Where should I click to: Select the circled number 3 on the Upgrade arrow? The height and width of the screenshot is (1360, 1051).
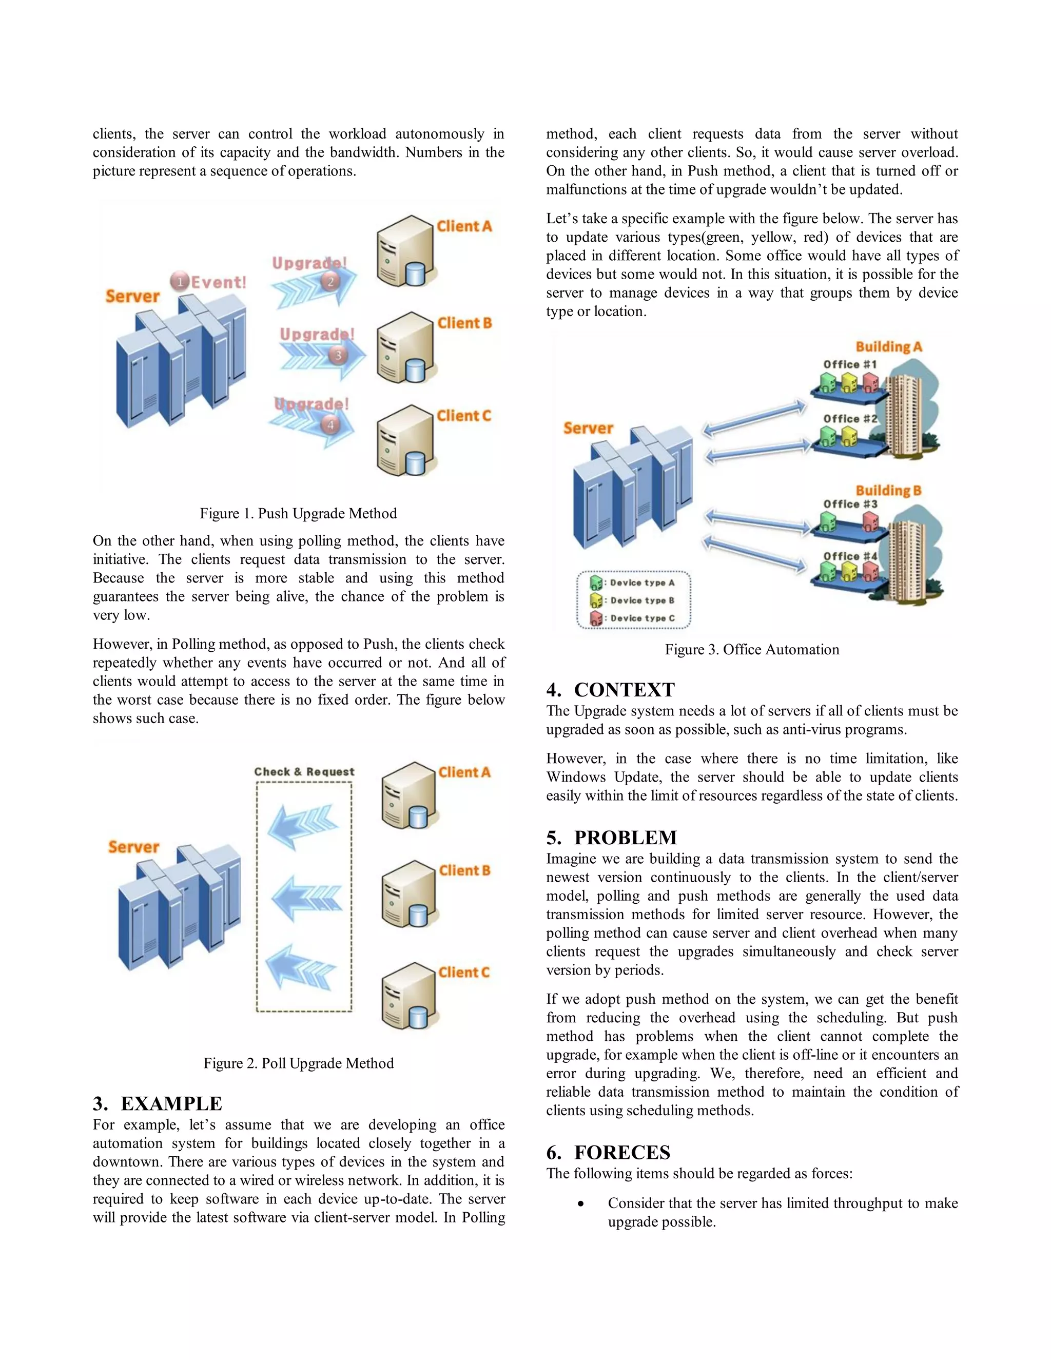(x=338, y=355)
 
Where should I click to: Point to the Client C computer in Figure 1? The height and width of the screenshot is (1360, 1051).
(x=404, y=441)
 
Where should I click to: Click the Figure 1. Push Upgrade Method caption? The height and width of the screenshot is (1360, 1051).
(x=298, y=514)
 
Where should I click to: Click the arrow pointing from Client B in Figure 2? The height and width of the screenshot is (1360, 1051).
(x=306, y=899)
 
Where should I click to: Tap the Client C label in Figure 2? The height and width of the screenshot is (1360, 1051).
(x=464, y=972)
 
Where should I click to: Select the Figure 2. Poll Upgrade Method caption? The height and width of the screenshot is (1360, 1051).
(x=298, y=1063)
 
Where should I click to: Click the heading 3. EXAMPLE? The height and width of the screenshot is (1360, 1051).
(x=158, y=1103)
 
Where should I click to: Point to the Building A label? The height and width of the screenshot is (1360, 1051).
(x=888, y=347)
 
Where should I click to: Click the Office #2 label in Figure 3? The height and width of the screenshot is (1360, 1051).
(x=849, y=418)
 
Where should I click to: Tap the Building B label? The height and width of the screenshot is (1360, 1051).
(x=888, y=491)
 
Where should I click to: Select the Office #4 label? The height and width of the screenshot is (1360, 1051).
(x=849, y=556)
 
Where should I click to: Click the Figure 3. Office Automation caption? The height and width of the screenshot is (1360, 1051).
(x=751, y=650)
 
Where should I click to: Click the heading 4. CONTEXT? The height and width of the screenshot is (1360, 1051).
(x=610, y=690)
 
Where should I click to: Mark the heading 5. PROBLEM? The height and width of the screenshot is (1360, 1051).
(x=611, y=838)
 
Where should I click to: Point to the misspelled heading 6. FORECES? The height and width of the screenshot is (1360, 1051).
(x=608, y=1153)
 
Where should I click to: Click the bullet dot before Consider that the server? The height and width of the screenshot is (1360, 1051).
(x=581, y=1203)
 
